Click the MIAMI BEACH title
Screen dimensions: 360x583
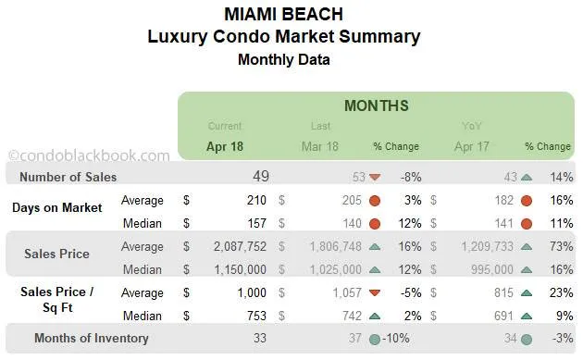(x=283, y=15)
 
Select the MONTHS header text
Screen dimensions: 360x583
(x=376, y=106)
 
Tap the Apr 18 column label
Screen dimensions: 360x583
(x=225, y=146)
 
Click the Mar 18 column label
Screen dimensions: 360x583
(x=319, y=146)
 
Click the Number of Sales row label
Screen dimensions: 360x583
(x=68, y=177)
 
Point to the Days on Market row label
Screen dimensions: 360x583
(x=57, y=207)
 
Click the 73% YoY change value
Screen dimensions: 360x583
(x=558, y=246)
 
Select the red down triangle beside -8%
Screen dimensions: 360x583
(x=375, y=177)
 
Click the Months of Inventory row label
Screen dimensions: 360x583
(x=91, y=338)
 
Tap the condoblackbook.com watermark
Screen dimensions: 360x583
(x=89, y=156)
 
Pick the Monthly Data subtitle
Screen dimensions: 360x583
(x=283, y=59)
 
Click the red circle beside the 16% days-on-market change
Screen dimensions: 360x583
(x=527, y=200)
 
